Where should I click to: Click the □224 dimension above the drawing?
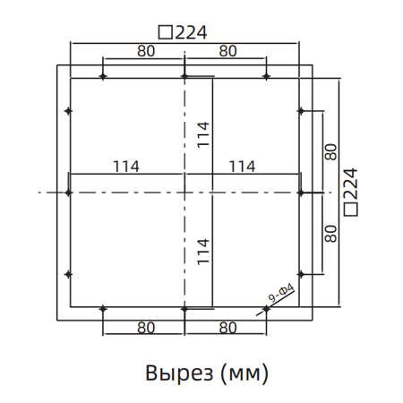[183, 32]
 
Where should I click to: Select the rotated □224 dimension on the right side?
[352, 190]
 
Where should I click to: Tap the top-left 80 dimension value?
[146, 52]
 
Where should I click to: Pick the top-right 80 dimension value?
[227, 52]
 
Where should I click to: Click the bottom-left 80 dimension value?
[146, 328]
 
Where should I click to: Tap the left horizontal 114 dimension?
[125, 166]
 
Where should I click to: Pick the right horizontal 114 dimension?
[243, 166]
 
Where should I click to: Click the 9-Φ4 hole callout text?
[282, 296]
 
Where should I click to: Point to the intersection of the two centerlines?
[184, 193]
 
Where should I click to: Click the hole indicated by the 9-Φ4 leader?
[266, 309]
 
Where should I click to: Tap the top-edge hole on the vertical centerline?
[184, 77]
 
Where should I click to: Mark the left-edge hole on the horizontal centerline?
[69, 193]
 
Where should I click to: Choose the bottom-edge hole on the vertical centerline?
[184, 309]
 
